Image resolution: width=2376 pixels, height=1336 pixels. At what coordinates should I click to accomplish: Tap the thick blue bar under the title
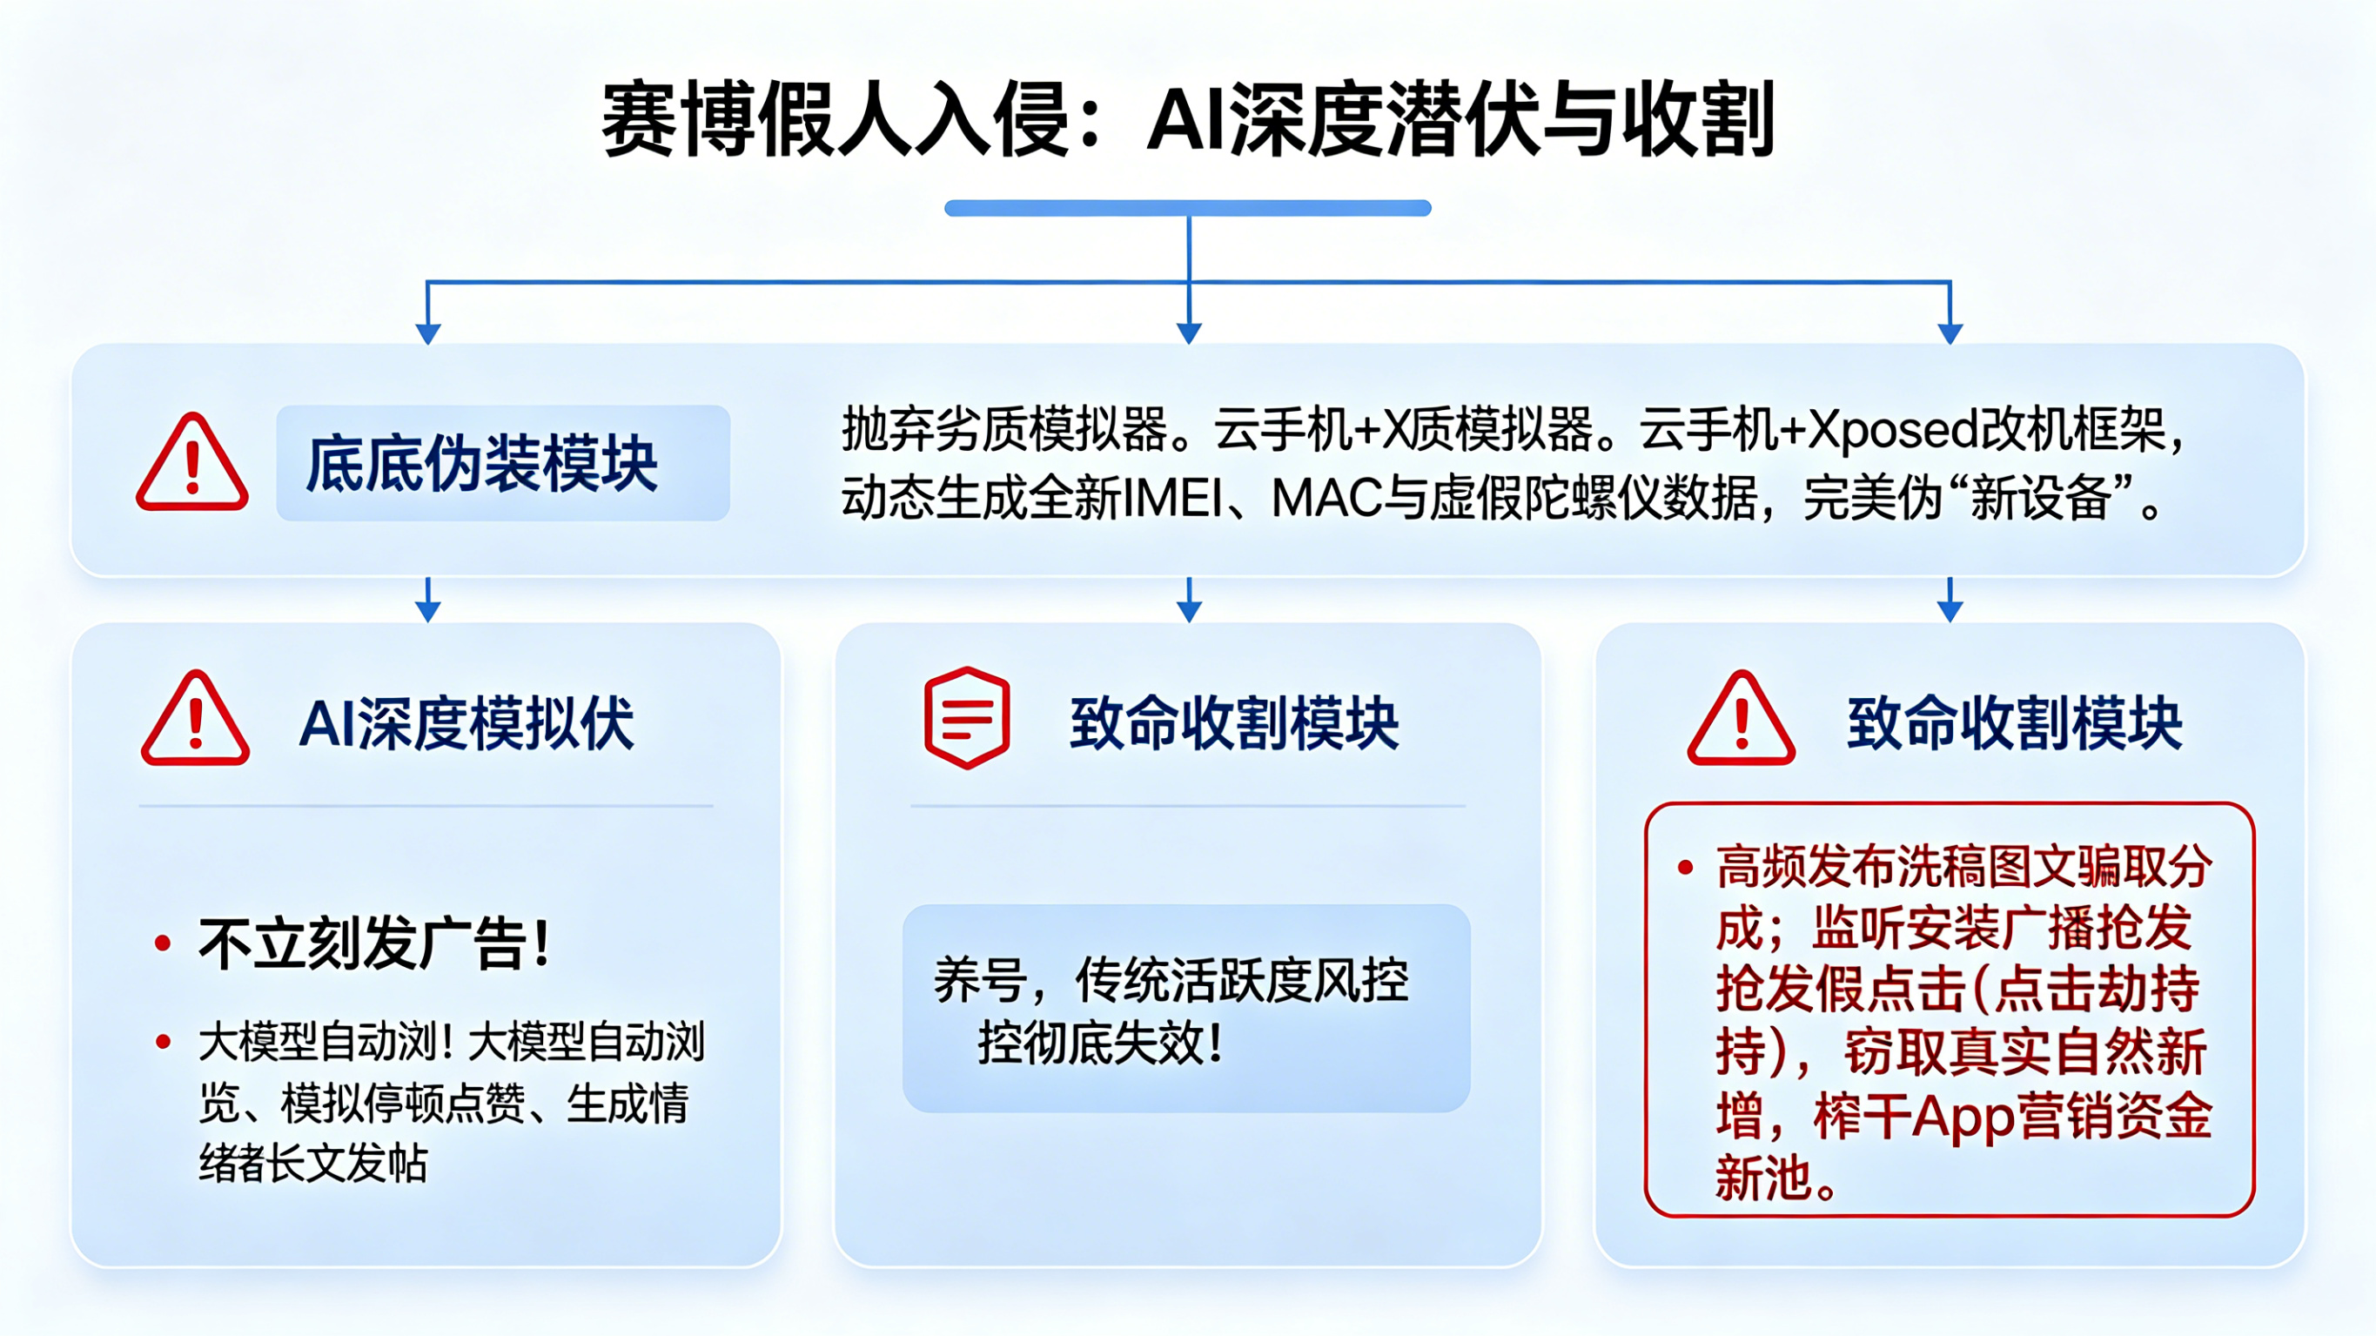click(1187, 209)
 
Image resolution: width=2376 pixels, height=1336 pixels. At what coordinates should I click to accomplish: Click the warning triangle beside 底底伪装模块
click(191, 463)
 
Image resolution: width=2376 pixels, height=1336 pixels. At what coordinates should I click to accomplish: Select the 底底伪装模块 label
click(481, 463)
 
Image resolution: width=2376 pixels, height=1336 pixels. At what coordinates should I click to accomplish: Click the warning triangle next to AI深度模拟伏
click(195, 720)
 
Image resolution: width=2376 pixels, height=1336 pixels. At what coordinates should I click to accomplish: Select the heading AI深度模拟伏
click(466, 723)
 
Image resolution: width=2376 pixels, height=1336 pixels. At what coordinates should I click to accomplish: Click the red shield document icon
click(967, 718)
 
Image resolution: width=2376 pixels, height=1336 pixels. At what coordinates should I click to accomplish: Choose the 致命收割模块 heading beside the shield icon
click(1234, 723)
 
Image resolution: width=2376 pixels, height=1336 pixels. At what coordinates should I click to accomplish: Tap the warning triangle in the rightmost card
click(1741, 720)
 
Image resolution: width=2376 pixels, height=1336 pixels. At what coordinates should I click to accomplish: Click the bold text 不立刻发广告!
click(374, 943)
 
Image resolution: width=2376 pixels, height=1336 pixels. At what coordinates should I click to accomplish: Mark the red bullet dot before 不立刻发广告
click(164, 943)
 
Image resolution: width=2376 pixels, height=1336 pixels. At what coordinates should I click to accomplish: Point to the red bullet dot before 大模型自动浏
click(164, 1043)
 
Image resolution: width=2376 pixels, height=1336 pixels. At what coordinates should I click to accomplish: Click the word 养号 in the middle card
click(978, 980)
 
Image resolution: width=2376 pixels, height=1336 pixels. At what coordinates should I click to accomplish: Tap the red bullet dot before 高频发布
click(1685, 867)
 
